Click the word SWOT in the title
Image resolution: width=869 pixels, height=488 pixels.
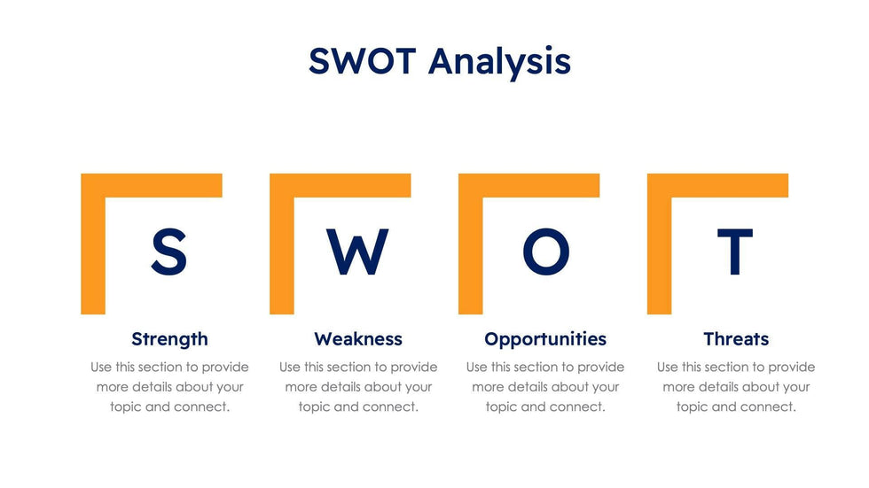coord(362,61)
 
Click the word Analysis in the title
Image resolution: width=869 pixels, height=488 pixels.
coord(499,63)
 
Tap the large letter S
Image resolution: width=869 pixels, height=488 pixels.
coord(169,252)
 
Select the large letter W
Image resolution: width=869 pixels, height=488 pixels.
coord(357,252)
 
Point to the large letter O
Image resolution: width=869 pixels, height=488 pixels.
coord(546,252)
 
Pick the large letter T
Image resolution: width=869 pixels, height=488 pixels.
coord(735,252)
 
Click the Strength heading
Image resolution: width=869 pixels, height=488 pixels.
coord(169,339)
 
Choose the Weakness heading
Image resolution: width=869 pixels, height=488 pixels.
coord(358,338)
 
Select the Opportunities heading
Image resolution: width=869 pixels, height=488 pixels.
coord(545,339)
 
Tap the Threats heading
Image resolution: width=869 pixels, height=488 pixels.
coord(736,338)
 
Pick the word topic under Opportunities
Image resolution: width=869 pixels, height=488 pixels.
coord(501,407)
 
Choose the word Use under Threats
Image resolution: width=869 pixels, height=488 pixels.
coord(667,368)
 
